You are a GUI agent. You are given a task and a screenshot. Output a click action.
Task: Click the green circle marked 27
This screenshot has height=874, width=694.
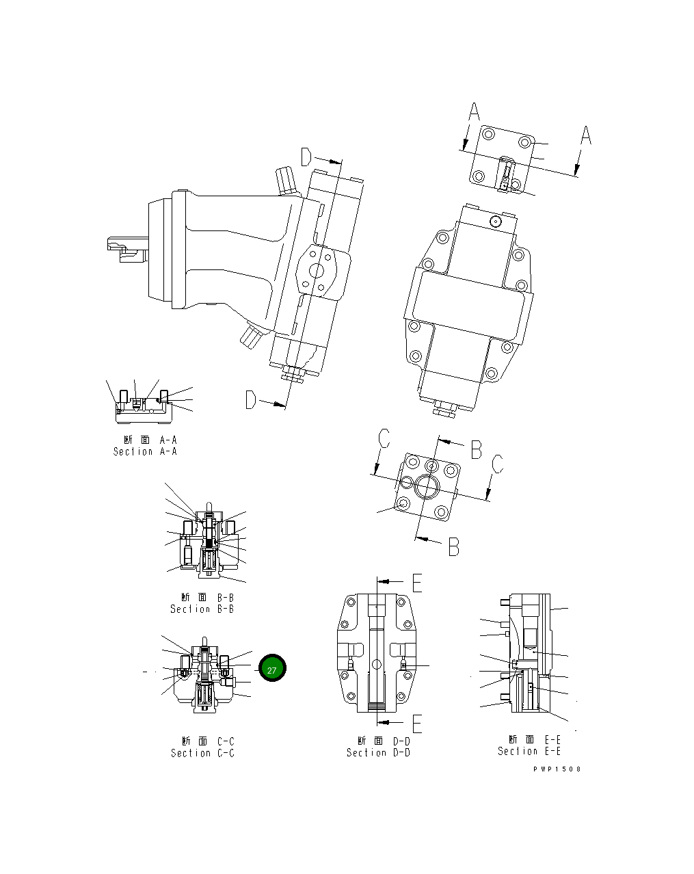click(272, 670)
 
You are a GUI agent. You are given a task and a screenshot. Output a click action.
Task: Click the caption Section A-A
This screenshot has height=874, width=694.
click(145, 451)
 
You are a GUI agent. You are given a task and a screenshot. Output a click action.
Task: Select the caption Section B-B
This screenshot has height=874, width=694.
click(202, 609)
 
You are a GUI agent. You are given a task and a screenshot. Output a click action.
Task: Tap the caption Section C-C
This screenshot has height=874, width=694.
click(202, 753)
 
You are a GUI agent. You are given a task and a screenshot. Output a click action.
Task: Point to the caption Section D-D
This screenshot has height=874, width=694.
click(378, 752)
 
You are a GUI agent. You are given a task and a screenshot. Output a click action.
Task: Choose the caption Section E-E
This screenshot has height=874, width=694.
click(529, 751)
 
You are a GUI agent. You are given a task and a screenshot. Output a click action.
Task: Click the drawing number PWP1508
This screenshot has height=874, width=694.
click(557, 769)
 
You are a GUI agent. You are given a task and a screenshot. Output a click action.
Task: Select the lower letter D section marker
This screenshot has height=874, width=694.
click(252, 400)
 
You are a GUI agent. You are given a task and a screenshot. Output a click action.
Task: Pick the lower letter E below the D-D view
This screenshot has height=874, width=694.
click(416, 723)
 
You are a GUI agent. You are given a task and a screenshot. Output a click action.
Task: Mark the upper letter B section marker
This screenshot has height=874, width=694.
click(476, 449)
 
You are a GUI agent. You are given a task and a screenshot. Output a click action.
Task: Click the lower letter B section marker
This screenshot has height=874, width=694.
click(453, 546)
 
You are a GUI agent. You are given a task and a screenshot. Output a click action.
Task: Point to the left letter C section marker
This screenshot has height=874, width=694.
click(384, 438)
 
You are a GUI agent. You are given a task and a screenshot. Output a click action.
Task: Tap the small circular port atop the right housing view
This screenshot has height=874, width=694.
click(496, 221)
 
